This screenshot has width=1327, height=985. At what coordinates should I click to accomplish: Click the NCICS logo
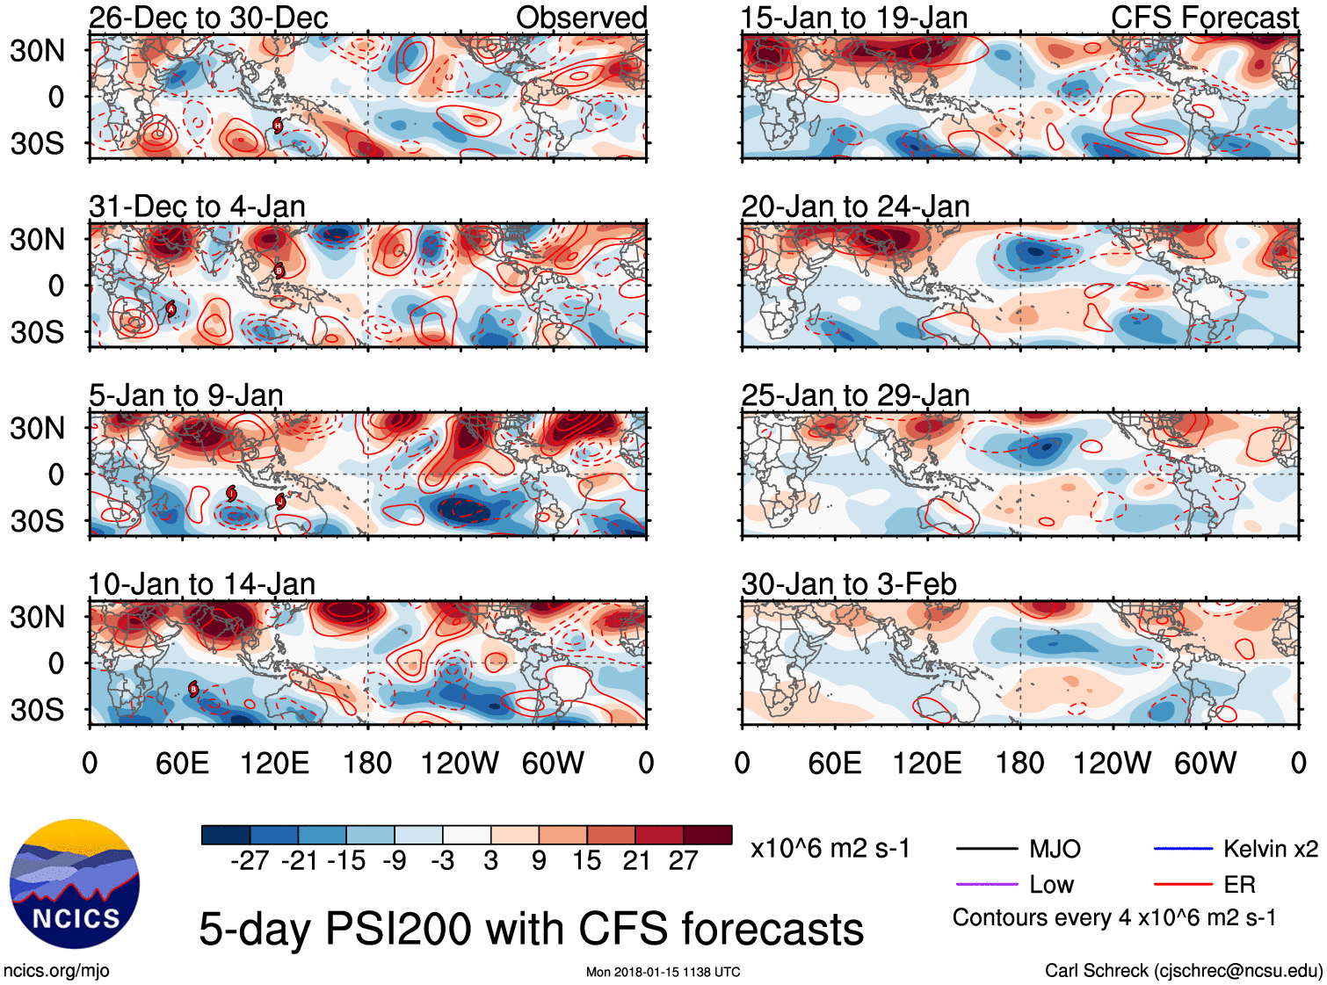(75, 883)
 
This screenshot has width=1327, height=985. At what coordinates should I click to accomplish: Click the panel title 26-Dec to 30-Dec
(208, 18)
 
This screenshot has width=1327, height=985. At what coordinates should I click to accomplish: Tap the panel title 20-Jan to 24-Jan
(855, 206)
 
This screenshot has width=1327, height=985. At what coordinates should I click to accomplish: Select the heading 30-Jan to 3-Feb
(849, 584)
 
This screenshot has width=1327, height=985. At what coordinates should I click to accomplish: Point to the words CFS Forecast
(1204, 18)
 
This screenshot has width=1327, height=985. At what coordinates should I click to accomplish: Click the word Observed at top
(581, 18)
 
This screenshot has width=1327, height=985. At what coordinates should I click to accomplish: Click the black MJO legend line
(986, 849)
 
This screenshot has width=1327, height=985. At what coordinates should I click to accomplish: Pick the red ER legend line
(1183, 885)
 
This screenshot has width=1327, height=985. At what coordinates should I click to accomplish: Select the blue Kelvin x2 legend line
(1183, 849)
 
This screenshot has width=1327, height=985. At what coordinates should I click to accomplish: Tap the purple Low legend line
(986, 885)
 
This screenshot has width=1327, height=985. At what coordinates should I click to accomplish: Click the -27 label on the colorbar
(250, 860)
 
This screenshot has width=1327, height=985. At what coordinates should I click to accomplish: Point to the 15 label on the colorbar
(587, 860)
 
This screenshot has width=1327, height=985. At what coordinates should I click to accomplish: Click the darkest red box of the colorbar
(707, 835)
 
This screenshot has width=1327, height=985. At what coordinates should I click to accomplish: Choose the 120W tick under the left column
(460, 763)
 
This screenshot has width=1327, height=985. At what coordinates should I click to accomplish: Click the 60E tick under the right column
(834, 763)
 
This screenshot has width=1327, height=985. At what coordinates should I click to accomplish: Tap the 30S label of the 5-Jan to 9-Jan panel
(38, 521)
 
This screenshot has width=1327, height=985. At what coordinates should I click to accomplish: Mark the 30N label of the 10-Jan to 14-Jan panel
(38, 617)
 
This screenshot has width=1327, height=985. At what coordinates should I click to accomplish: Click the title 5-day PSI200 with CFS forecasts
(531, 929)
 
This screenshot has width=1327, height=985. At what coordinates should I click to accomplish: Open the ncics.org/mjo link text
(56, 970)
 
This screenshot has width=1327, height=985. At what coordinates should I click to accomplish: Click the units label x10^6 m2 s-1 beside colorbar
(830, 849)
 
